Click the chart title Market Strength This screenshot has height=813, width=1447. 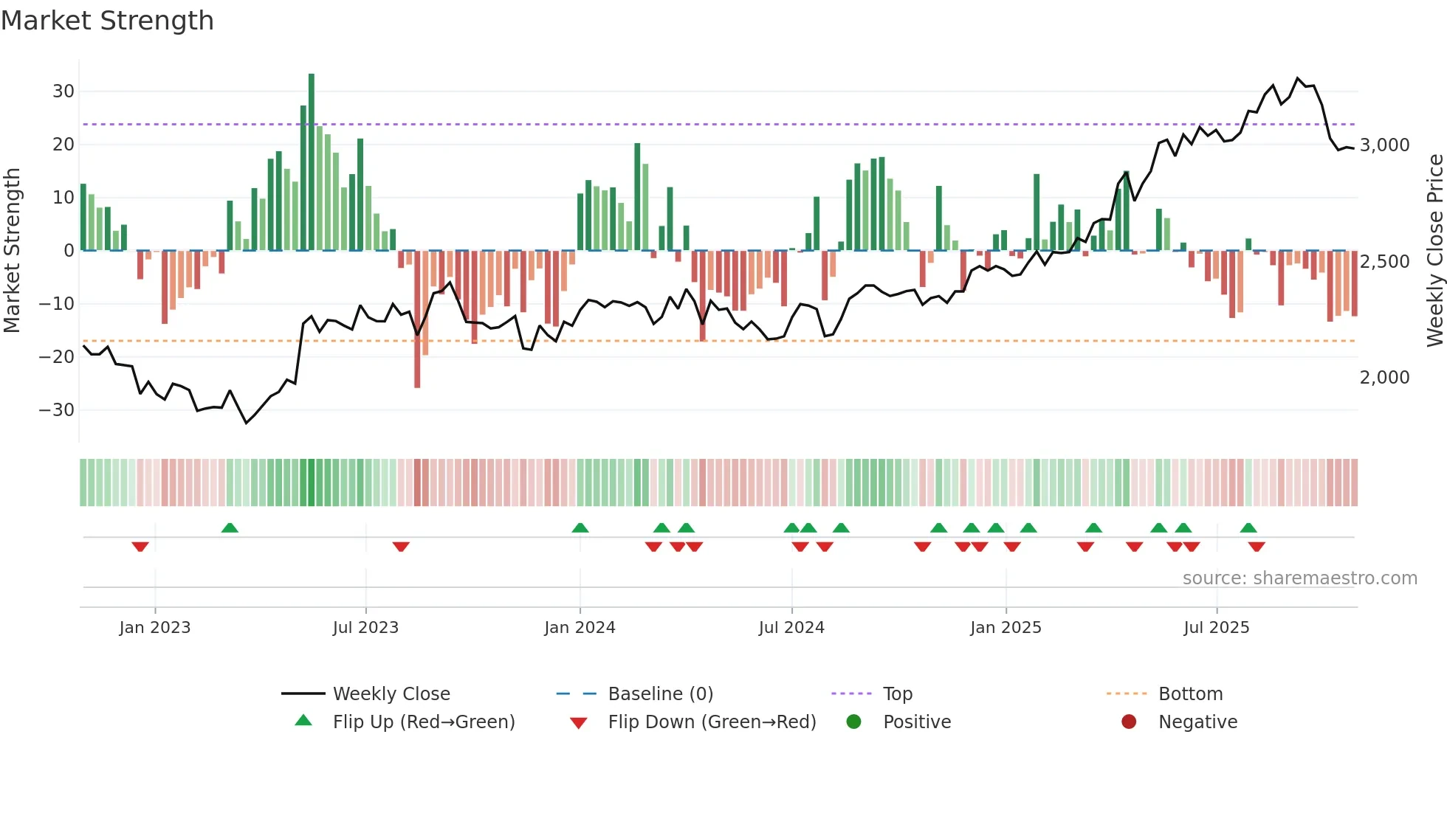(x=108, y=21)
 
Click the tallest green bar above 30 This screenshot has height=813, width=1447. (x=312, y=162)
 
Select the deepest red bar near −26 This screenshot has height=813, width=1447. (x=417, y=319)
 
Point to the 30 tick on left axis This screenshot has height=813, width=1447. (x=63, y=91)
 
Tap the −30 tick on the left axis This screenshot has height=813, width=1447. (x=58, y=410)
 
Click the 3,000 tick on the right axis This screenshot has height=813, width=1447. (x=1384, y=145)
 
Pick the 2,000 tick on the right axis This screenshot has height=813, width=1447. (x=1384, y=378)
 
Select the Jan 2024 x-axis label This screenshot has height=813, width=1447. (x=580, y=628)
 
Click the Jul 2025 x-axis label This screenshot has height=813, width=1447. (x=1216, y=628)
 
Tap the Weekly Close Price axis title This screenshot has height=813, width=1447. (x=1434, y=251)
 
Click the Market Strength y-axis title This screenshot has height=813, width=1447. (x=12, y=251)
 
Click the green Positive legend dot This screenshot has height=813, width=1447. (x=854, y=722)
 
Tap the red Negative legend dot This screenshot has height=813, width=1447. (x=1129, y=722)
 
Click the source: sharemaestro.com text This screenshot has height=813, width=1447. (x=1299, y=578)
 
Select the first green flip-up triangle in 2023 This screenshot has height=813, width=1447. (x=230, y=528)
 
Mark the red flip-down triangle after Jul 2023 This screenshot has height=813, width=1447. (x=401, y=547)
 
